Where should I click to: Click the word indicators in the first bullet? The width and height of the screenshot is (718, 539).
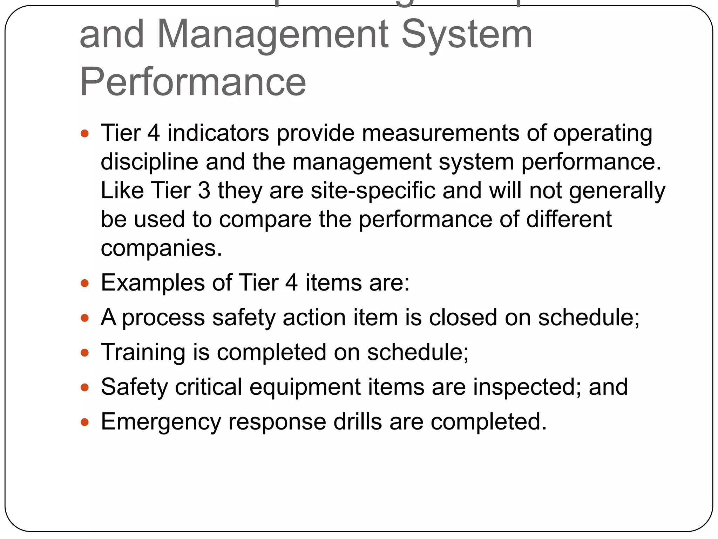pos(218,133)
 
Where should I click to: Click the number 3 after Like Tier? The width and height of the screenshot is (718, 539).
pos(204,191)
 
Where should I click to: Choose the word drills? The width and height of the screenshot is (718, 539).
pos(358,421)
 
